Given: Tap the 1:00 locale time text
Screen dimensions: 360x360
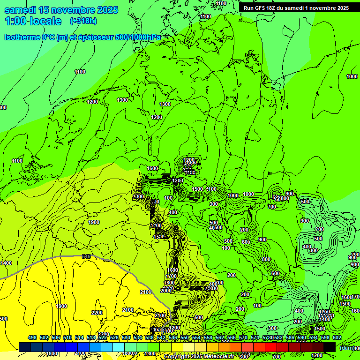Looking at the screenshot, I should click(x=33, y=21).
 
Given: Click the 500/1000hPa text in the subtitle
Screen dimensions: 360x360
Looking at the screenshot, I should click(x=137, y=37).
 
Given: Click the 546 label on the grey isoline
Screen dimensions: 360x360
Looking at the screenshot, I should click(x=86, y=256).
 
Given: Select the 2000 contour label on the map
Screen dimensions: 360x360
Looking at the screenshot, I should click(x=166, y=291).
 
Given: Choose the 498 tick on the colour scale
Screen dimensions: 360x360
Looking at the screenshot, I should click(x=32, y=337).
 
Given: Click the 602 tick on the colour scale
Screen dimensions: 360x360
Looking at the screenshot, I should click(x=337, y=337).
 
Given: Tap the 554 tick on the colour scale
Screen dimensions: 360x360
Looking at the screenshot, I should click(x=196, y=337).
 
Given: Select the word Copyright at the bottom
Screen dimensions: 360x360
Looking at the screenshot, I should click(x=176, y=357).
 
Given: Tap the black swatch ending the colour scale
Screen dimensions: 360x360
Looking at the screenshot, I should click(x=330, y=347).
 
